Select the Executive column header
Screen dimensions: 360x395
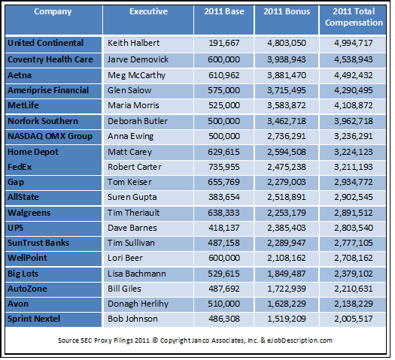(x=148, y=12)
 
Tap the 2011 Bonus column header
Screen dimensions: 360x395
(x=284, y=12)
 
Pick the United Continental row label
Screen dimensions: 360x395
(x=45, y=43)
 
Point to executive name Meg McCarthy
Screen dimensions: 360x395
(x=138, y=74)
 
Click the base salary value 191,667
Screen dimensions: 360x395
(x=230, y=44)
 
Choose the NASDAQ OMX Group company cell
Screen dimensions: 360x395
(x=50, y=136)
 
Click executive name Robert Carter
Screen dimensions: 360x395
(x=136, y=167)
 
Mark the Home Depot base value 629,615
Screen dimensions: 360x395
(x=230, y=152)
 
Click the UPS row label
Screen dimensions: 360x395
(x=16, y=229)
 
